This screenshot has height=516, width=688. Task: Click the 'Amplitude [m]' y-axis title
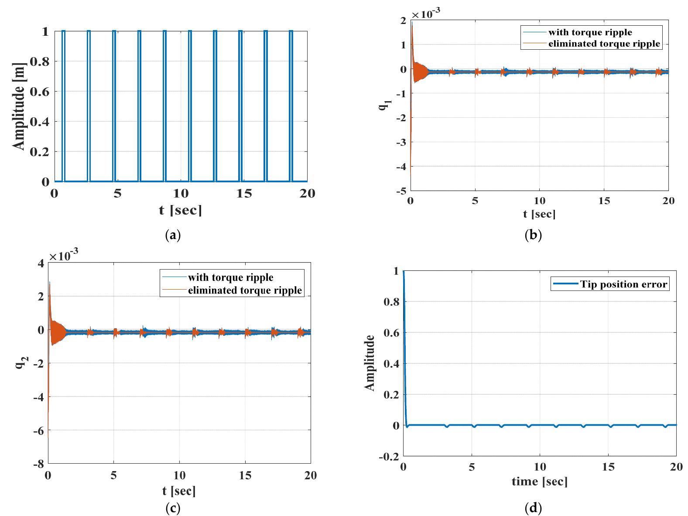19,106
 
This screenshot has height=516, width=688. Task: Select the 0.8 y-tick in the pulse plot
39,62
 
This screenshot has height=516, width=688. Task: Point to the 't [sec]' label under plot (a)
180,211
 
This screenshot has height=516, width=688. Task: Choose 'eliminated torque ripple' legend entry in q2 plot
245,290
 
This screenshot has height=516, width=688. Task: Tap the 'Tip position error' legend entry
623,285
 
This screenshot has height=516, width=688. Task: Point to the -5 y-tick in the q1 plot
402,191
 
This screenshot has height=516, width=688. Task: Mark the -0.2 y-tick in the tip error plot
390,456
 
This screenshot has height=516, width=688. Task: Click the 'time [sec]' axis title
539,481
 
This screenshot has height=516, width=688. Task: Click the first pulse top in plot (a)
64,31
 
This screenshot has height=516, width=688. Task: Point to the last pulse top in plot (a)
291,31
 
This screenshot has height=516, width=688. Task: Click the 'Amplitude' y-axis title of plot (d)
370,363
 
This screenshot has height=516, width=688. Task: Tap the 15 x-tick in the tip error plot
608,467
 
